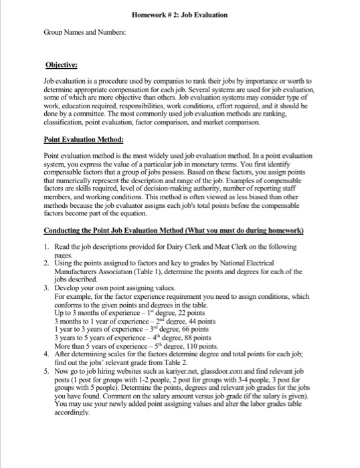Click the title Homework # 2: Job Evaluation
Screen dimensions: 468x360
click(x=180, y=14)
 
